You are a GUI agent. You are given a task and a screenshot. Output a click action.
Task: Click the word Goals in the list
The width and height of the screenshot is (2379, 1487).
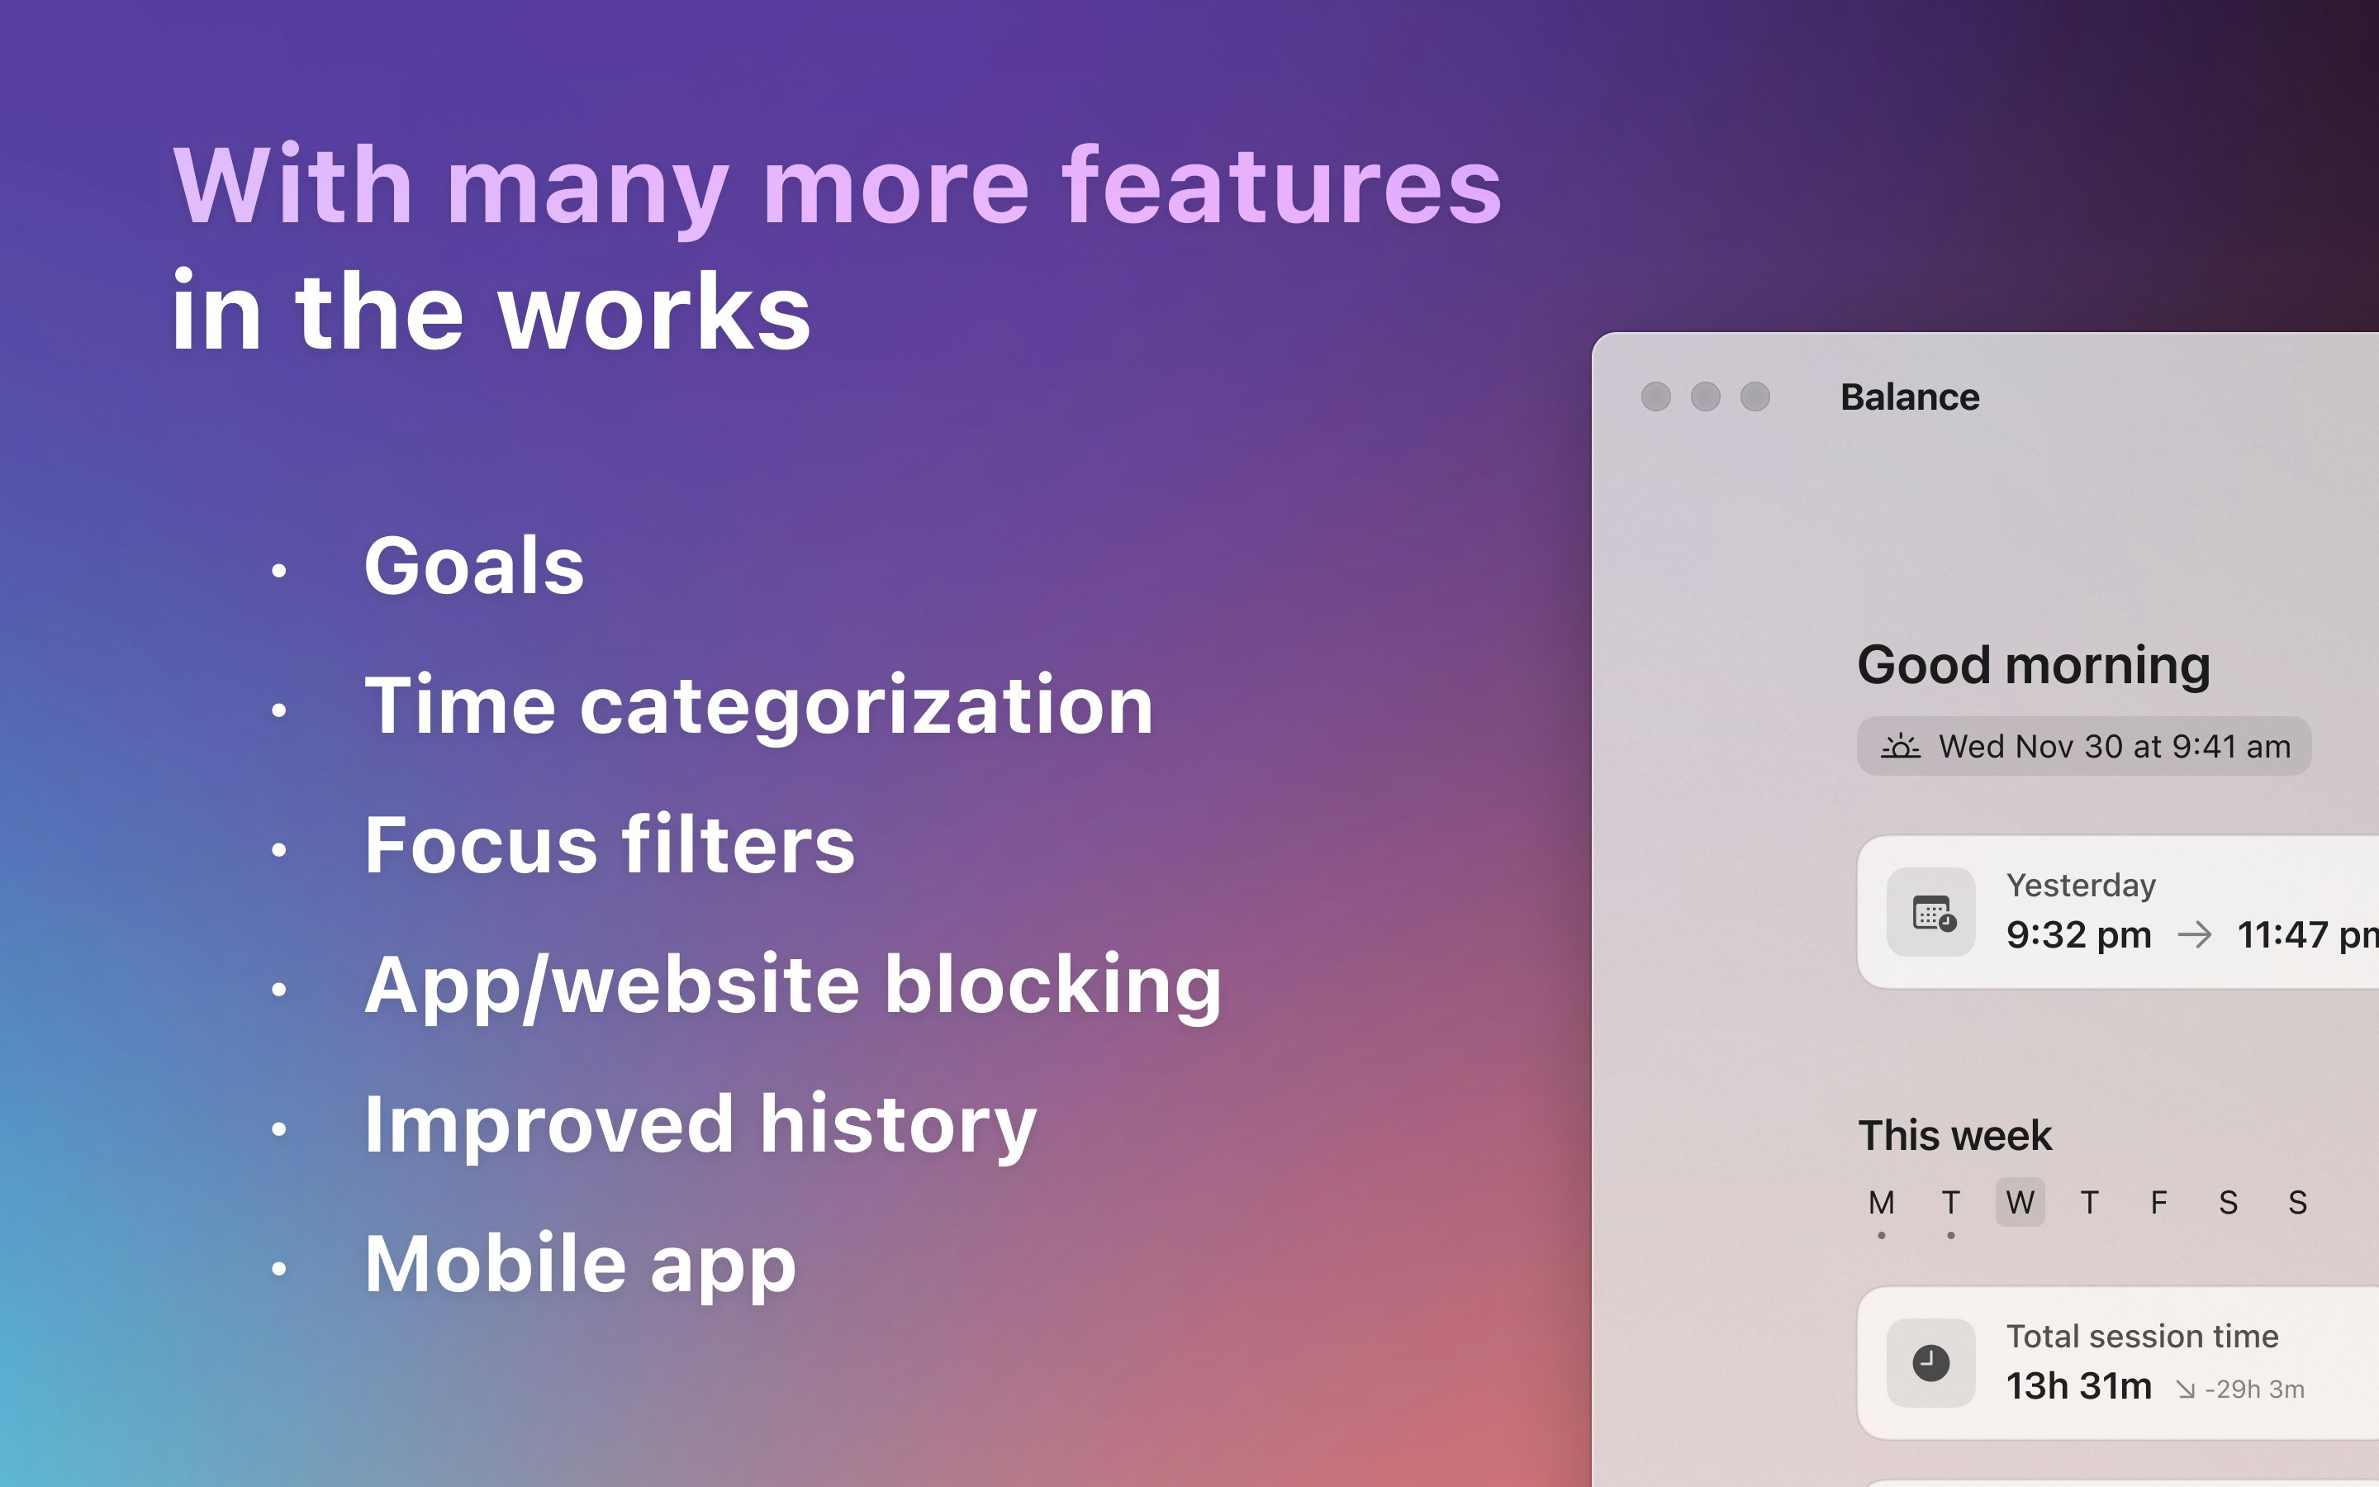pos(474,566)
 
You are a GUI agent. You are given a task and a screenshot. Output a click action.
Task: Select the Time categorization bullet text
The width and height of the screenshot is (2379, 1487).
pos(758,706)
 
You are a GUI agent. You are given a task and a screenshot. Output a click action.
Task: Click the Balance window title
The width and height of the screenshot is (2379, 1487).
pos(1909,397)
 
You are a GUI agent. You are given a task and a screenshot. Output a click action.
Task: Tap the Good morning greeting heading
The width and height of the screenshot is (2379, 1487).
pos(2033,666)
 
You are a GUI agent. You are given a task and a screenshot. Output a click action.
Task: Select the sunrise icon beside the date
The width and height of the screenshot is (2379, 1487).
pos(1900,747)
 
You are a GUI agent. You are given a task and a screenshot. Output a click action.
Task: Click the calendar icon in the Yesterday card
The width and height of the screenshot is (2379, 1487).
pos(1932,913)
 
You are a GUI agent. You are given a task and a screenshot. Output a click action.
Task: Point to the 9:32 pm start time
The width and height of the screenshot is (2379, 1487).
pos(2078,935)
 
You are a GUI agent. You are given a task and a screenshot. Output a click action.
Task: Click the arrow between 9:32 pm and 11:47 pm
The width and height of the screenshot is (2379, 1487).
pos(2194,934)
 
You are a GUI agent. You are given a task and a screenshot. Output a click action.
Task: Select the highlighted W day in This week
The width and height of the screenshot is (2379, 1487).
pos(2020,1202)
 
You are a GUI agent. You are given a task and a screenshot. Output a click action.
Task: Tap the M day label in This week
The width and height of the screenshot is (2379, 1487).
pos(1882,1202)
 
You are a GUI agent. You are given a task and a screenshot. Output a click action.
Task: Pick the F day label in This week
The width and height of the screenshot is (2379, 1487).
pos(2158,1202)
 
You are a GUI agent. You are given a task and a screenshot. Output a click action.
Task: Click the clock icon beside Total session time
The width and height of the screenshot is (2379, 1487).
pos(1930,1363)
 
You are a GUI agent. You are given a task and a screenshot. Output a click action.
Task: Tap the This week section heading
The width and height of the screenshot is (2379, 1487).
pos(1954,1136)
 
